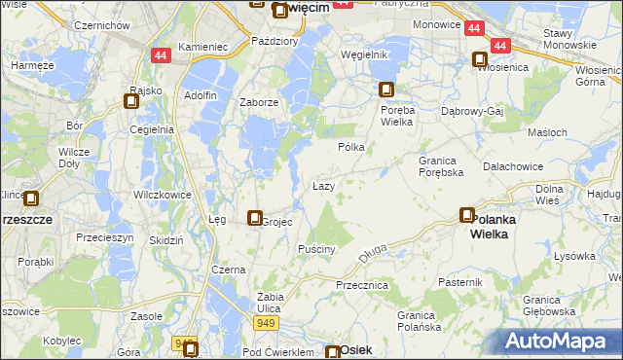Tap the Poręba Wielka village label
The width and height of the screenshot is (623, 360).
tap(390, 116)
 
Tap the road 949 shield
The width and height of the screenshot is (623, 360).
tap(264, 322)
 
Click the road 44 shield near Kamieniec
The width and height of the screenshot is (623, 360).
tap(162, 56)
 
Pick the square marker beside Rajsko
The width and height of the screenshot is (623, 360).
tap(132, 99)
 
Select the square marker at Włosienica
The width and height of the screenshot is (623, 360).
tap(480, 59)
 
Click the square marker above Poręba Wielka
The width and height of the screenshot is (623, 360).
tap(386, 90)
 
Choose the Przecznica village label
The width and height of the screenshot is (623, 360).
tap(361, 285)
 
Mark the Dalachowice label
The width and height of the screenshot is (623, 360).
tap(511, 166)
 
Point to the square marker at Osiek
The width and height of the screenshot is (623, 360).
tap(333, 353)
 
